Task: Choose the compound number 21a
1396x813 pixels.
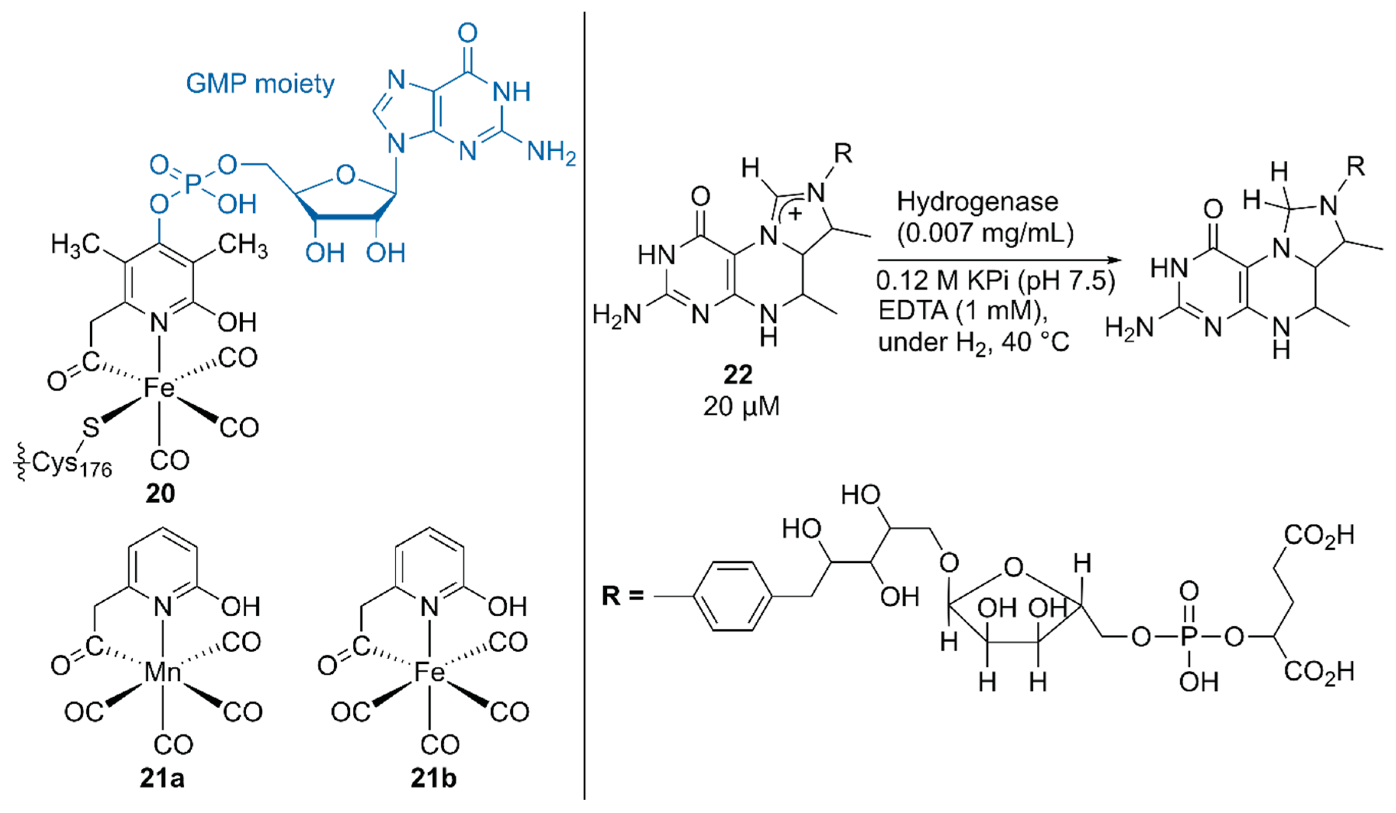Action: (x=162, y=778)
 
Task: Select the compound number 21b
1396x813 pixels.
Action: (x=433, y=778)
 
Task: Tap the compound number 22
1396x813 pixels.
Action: (x=738, y=375)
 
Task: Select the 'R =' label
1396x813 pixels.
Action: (x=623, y=596)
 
